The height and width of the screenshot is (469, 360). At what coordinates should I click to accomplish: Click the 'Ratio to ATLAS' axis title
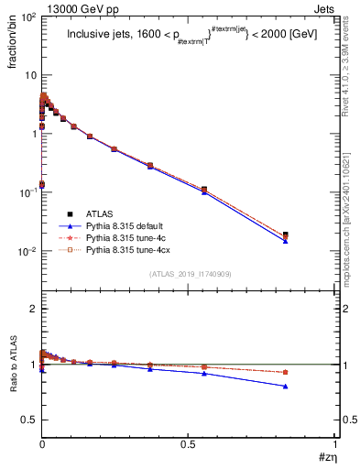click(12, 366)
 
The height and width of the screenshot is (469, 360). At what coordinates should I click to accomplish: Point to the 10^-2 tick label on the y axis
click(27, 251)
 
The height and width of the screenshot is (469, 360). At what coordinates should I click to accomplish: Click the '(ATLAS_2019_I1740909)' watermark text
click(189, 274)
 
